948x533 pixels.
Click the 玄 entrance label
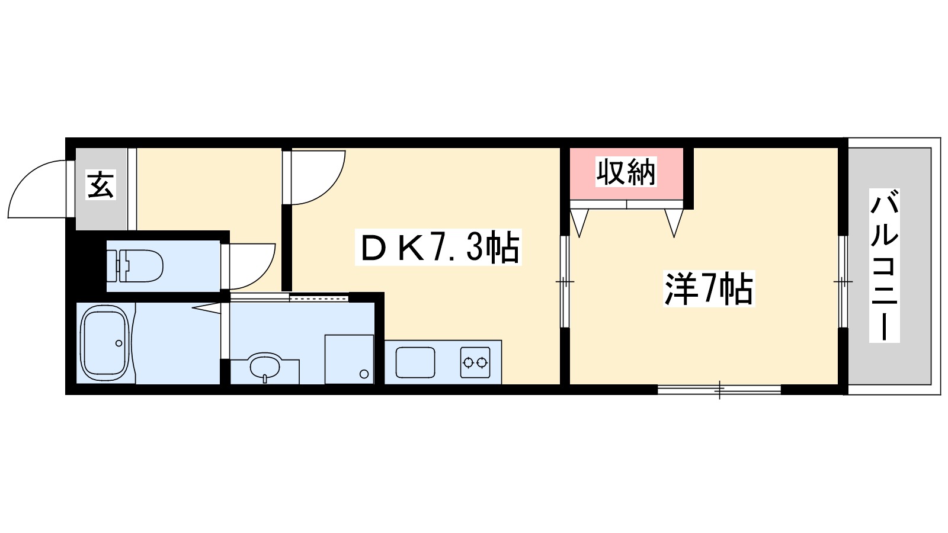tap(101, 185)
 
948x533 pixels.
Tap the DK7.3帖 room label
tap(438, 248)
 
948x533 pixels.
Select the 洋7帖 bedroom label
tap(709, 288)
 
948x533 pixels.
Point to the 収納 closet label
tap(626, 172)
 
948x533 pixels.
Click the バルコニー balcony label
tap(885, 265)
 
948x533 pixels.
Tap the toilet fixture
tap(134, 266)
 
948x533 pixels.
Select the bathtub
tap(104, 343)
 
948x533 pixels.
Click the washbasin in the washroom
tap(265, 367)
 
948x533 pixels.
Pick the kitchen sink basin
tap(415, 362)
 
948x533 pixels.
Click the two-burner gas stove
tap(475, 362)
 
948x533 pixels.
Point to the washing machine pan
tap(349, 359)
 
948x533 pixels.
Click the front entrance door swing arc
tap(37, 189)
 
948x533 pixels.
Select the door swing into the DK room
tap(318, 178)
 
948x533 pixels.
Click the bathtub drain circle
tap(119, 343)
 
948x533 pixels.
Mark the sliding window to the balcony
tap(843, 281)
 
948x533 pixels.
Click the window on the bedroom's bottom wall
tap(719, 389)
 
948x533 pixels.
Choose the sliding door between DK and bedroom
tap(565, 281)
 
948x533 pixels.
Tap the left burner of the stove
tap(468, 362)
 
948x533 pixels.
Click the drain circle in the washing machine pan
tap(364, 374)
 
